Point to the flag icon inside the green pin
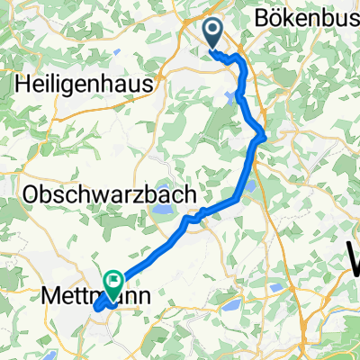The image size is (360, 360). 113,280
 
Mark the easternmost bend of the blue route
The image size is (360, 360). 264,136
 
